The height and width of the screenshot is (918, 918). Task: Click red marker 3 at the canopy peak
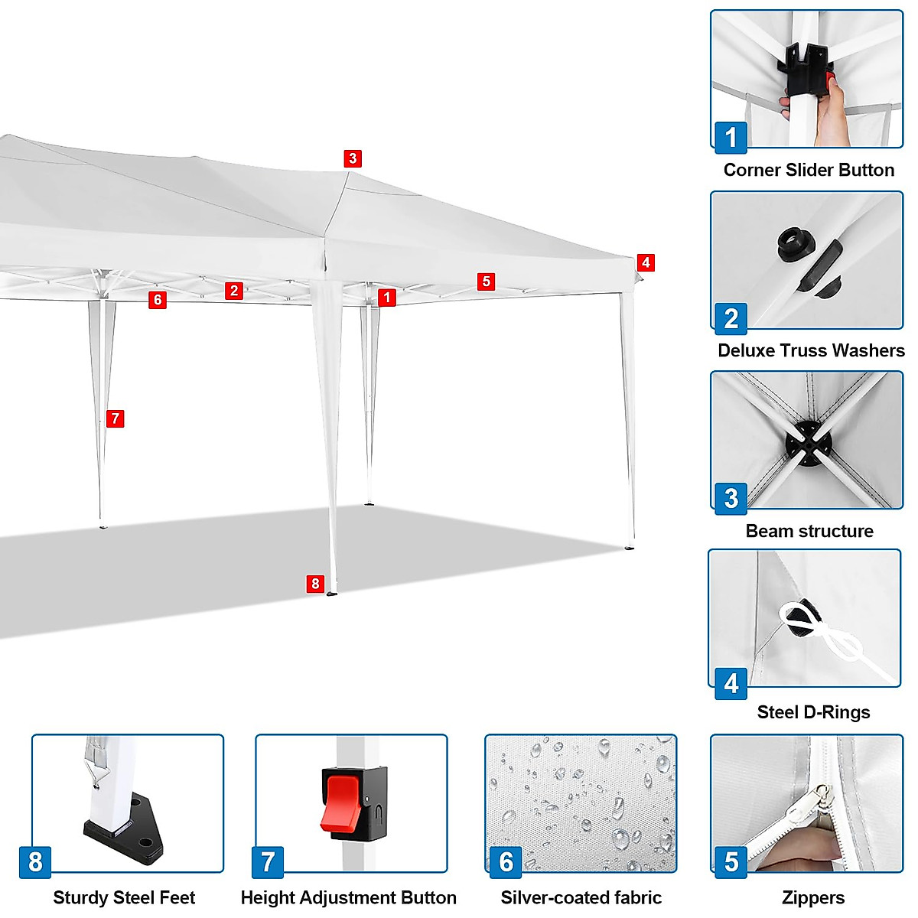pos(352,158)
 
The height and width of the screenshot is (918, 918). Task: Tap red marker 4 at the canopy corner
pos(646,262)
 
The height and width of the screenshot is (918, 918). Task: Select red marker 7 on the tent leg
pos(115,418)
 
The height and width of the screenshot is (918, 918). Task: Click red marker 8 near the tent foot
pos(315,584)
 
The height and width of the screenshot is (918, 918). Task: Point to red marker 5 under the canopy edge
pos(486,282)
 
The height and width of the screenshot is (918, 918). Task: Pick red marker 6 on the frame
pos(158,299)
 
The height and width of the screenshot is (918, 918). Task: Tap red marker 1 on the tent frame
pos(387,298)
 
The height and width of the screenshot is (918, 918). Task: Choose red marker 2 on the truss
pos(234,290)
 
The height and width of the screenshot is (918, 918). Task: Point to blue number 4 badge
pos(731,682)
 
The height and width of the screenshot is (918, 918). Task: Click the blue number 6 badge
pos(506,862)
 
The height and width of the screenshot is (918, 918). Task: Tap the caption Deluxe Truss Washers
pos(811,350)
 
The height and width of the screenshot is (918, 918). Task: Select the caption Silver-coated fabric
pos(581,897)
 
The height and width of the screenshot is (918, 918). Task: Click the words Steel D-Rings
pos(813,712)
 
